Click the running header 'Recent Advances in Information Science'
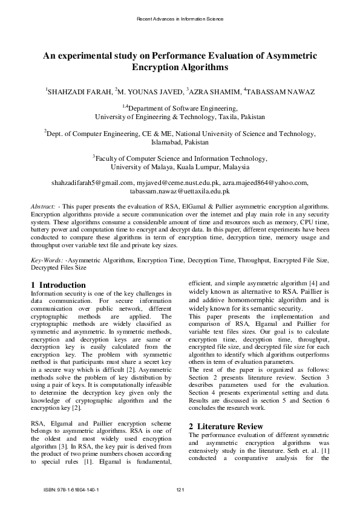point(180,19)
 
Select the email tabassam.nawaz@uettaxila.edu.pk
point(180,190)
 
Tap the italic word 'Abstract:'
point(43,207)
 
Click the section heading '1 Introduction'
point(58,285)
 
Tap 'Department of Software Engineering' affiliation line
point(182,109)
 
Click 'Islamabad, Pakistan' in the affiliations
point(180,142)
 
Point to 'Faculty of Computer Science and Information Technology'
point(182,158)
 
